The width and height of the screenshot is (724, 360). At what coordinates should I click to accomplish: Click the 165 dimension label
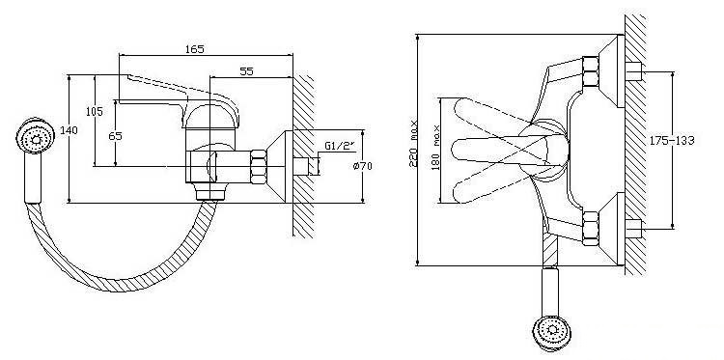click(194, 49)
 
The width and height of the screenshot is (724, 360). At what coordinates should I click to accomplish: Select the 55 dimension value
click(246, 71)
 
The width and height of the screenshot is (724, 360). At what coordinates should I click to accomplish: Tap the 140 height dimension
click(69, 130)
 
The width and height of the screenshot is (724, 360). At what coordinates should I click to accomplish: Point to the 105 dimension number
click(95, 111)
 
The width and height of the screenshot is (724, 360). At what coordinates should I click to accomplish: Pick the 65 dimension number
click(116, 136)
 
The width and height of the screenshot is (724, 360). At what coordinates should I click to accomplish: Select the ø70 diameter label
click(362, 166)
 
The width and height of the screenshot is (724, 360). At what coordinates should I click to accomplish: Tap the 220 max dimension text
click(414, 144)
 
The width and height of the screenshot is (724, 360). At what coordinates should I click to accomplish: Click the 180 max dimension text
click(436, 148)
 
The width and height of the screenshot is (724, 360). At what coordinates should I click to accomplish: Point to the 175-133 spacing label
click(672, 140)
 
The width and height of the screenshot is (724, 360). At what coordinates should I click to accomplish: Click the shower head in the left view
click(35, 136)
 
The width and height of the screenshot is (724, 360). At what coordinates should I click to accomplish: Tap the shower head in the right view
click(551, 330)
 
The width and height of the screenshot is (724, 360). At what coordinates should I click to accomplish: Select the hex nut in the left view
click(259, 166)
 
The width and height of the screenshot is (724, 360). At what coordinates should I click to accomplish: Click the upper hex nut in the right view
click(591, 71)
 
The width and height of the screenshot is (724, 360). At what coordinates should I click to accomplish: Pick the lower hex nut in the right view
click(591, 228)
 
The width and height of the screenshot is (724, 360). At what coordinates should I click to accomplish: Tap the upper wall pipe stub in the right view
click(634, 71)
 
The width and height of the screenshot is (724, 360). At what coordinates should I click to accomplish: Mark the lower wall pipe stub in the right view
click(634, 229)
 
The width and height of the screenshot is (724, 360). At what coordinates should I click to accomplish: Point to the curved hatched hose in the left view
click(120, 280)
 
